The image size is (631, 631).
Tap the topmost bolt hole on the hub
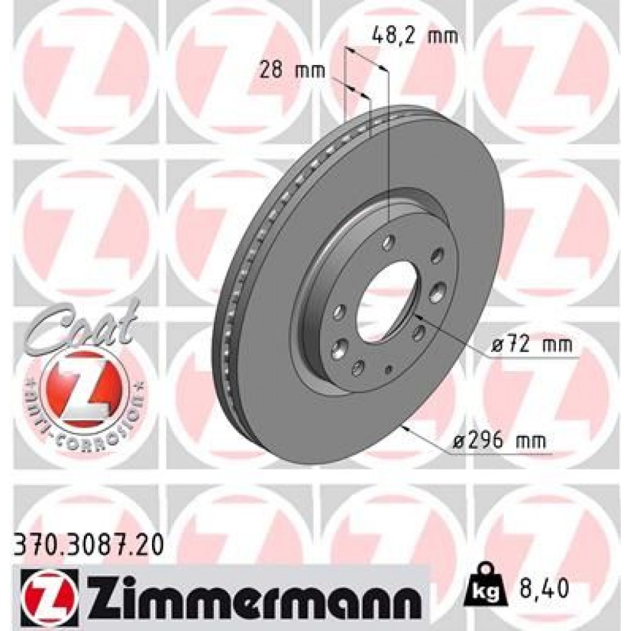click(x=388, y=242)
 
